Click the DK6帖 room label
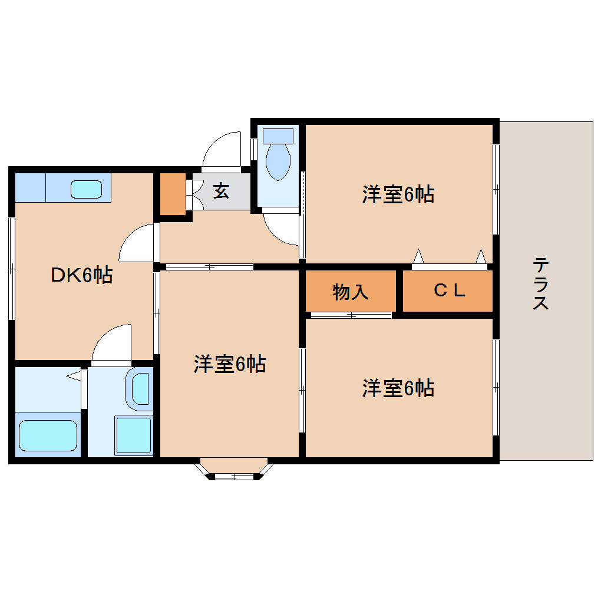pyautogui.click(x=81, y=275)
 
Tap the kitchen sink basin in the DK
pyautogui.click(x=86, y=189)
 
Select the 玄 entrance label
pyautogui.click(x=221, y=191)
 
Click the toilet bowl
pyautogui.click(x=278, y=159)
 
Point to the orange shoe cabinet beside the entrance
pyautogui.click(x=173, y=194)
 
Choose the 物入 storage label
pyautogui.click(x=351, y=291)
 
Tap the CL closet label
pyautogui.click(x=450, y=290)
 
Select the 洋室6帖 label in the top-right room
pyautogui.click(x=398, y=194)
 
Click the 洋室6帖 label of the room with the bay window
pyautogui.click(x=230, y=365)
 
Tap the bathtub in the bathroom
pyautogui.click(x=48, y=436)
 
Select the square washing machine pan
pyautogui.click(x=134, y=435)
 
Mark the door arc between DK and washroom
pyautogui.click(x=111, y=343)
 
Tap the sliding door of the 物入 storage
pyautogui.click(x=351, y=315)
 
